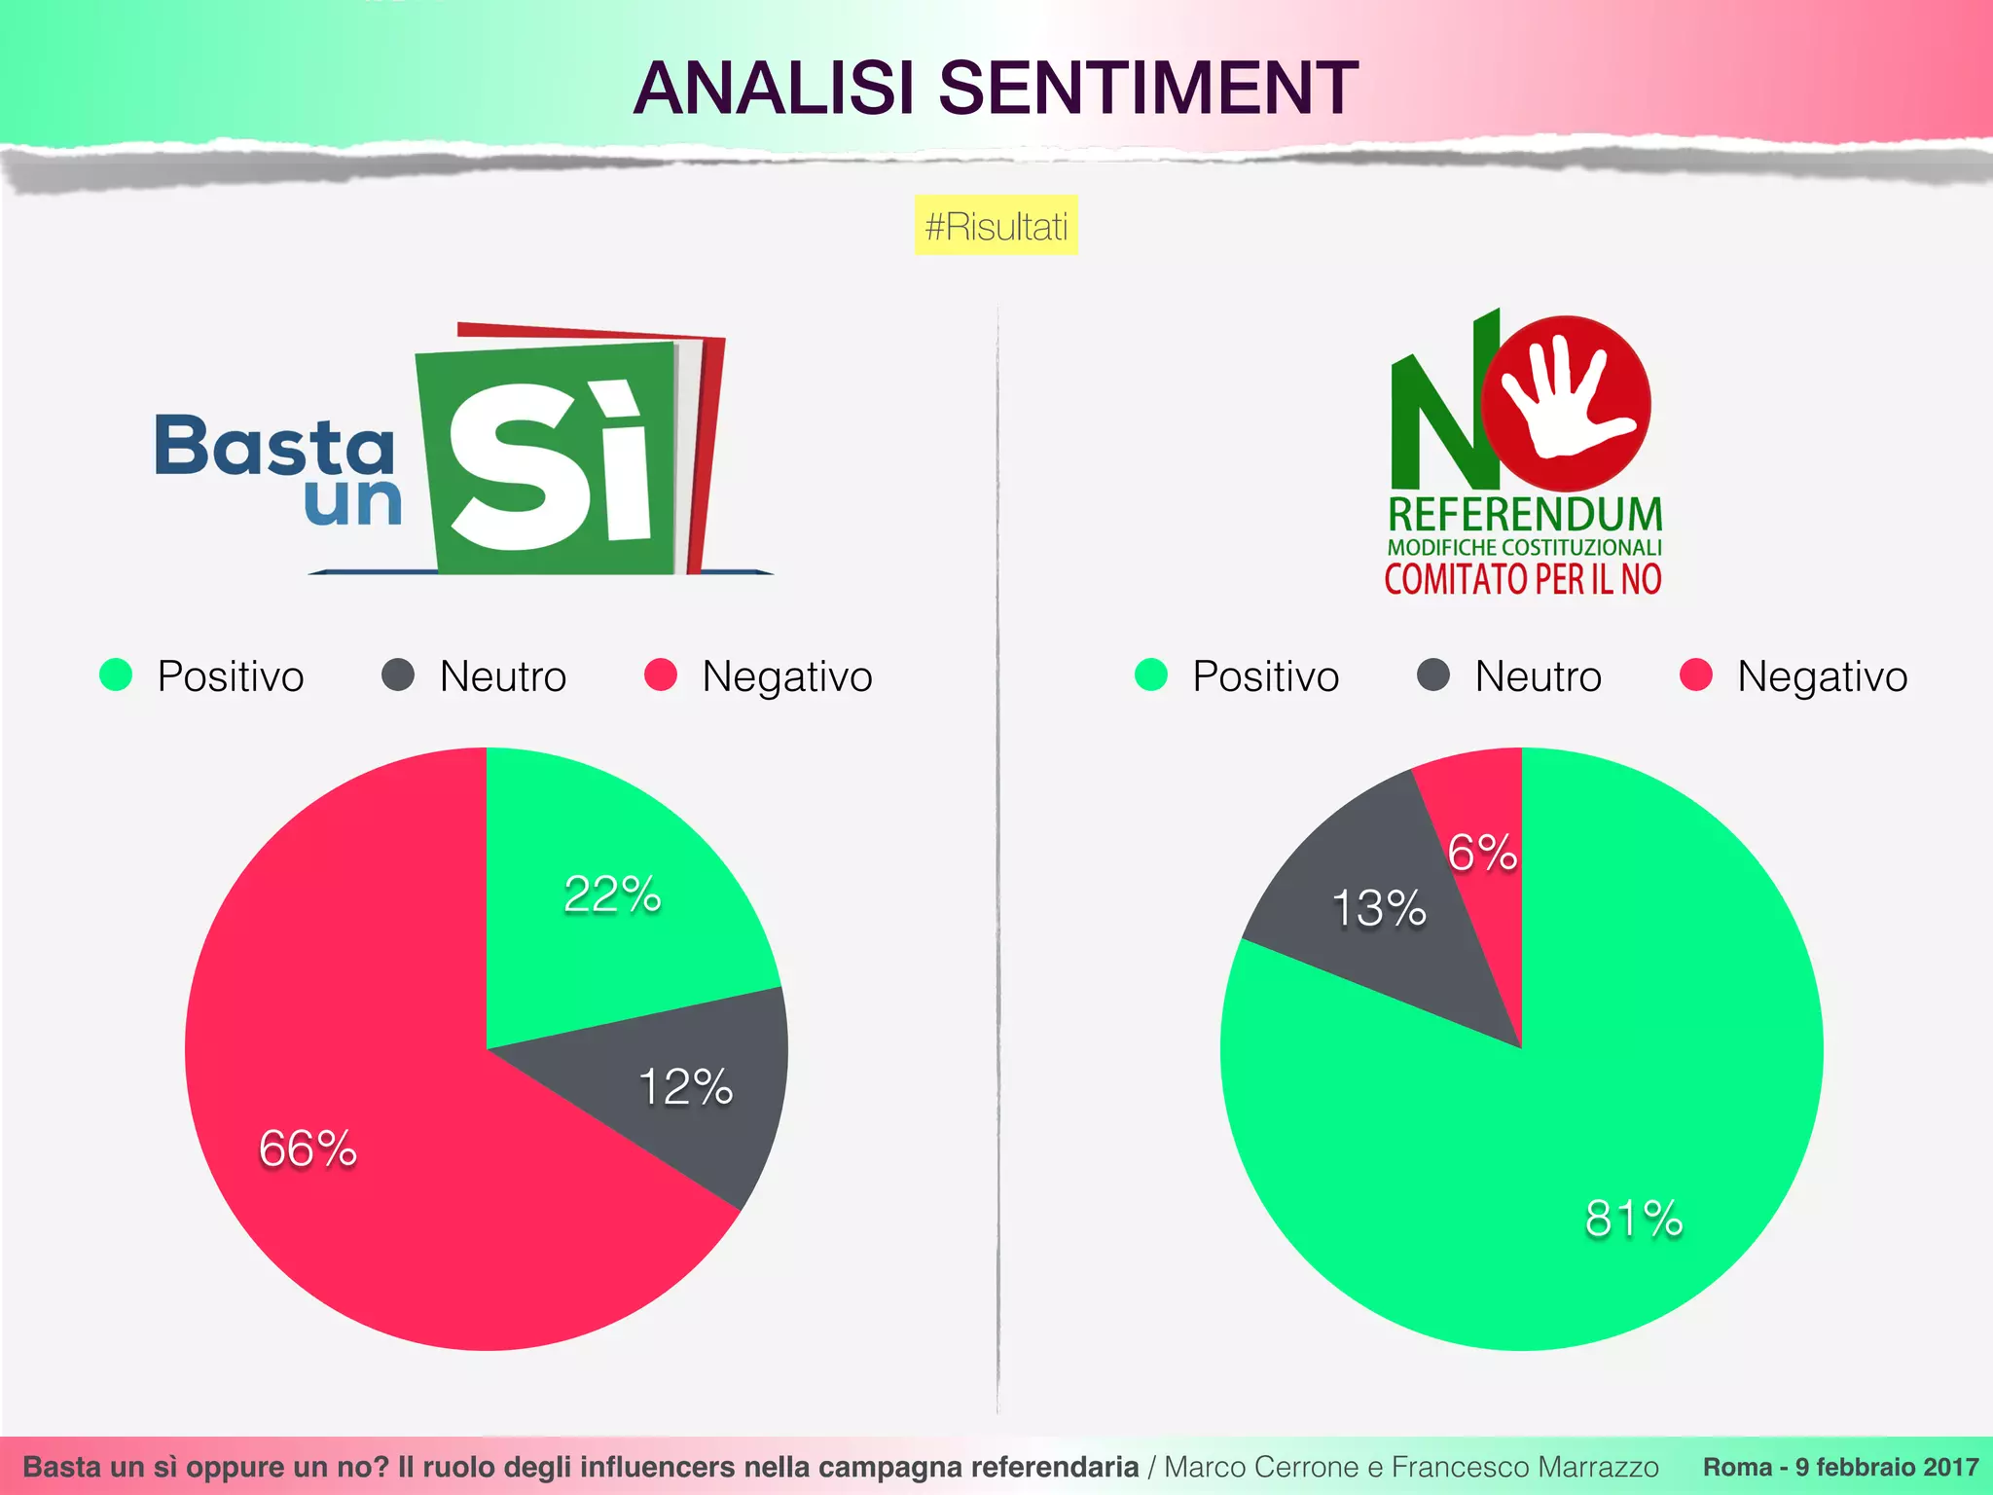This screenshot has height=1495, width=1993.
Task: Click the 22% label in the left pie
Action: coord(612,894)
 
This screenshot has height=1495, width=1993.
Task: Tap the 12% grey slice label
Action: coord(685,1087)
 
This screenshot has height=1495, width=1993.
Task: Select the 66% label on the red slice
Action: coord(308,1149)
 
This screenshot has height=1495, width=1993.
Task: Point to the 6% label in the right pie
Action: coord(1481,853)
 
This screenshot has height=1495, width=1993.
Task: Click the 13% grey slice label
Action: coord(1378,908)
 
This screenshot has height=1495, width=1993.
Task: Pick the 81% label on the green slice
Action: coord(1634,1219)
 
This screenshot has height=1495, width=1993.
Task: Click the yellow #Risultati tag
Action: coord(996,226)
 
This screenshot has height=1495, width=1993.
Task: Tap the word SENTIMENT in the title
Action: coord(1148,88)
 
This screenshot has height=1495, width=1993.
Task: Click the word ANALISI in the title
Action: coord(774,88)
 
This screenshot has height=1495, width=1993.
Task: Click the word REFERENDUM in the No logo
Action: coord(1525,514)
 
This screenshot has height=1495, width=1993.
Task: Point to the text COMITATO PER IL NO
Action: coord(1523,579)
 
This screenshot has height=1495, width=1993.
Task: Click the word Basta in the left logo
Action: coord(274,446)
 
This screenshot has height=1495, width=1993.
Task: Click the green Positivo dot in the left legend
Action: coord(116,675)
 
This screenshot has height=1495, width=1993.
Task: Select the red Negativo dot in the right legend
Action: coord(1696,675)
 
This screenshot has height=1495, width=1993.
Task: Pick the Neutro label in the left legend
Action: coord(502,676)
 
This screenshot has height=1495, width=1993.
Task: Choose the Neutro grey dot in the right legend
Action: coord(1432,675)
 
